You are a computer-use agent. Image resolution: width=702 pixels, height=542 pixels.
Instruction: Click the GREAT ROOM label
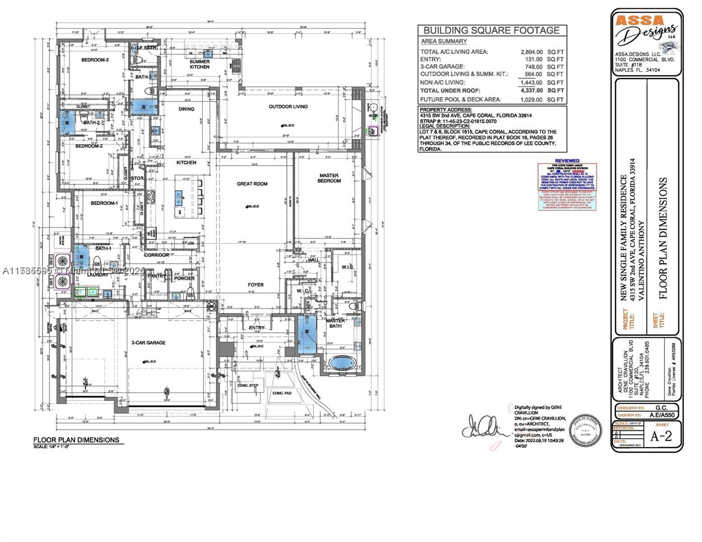(x=252, y=184)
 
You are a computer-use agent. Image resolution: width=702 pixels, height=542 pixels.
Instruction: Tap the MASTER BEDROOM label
(x=329, y=178)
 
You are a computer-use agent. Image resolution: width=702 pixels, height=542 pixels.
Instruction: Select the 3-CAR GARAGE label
(x=148, y=343)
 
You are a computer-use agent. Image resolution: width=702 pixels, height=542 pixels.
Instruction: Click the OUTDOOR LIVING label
(x=288, y=107)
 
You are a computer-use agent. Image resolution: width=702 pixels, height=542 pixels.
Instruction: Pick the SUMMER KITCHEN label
(x=199, y=64)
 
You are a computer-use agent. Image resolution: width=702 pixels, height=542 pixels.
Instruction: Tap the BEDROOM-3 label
(x=95, y=60)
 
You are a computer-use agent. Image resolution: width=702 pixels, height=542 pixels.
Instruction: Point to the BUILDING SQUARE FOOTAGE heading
(x=491, y=30)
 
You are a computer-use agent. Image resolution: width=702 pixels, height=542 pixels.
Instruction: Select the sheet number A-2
(x=661, y=436)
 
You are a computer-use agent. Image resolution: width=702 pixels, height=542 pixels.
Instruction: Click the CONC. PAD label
(x=282, y=393)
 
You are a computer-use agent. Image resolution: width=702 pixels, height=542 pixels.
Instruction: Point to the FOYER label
(x=255, y=285)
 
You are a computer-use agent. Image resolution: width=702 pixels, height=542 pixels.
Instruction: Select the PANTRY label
(x=156, y=276)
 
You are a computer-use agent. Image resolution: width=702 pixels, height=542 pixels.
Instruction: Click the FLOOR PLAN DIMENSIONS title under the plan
(x=76, y=439)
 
